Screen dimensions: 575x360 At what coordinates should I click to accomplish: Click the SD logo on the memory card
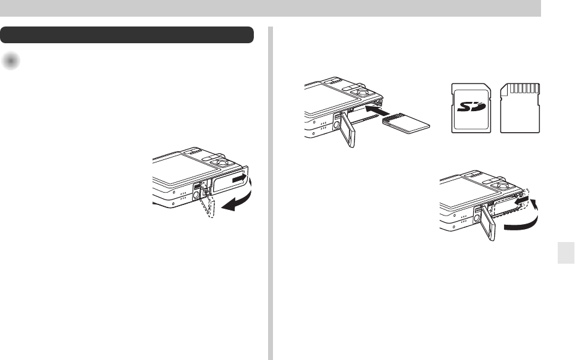(471, 107)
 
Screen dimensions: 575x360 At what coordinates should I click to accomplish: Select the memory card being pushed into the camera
(406, 123)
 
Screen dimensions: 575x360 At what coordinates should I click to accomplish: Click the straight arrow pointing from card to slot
(378, 110)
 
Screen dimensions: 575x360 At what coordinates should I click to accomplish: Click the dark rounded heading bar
(127, 35)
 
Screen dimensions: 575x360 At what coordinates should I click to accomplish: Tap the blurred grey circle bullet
(10, 61)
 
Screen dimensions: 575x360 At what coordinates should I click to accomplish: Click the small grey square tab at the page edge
(566, 253)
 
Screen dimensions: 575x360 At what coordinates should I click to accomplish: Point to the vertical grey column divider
(271, 193)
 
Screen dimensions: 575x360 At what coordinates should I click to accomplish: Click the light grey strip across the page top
(271, 8)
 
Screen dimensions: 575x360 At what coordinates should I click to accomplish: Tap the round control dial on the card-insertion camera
(363, 92)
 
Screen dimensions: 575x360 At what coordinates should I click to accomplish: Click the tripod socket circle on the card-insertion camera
(337, 125)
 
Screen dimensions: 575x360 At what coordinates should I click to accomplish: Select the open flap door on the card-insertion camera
(347, 130)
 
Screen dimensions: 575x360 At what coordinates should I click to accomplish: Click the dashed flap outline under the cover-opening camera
(208, 203)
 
